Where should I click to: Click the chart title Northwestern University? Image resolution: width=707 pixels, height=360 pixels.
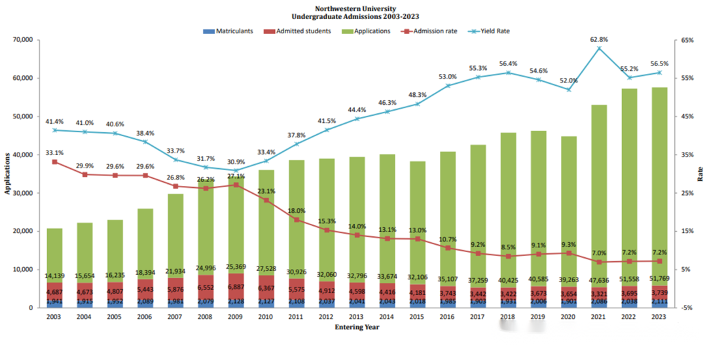(x=353, y=8)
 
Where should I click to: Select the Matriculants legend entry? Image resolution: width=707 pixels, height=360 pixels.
(x=229, y=31)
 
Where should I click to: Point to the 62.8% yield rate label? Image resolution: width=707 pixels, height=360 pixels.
(x=598, y=39)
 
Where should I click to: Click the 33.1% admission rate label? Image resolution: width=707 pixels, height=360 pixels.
(x=54, y=153)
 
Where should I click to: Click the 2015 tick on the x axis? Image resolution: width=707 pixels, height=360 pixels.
(x=418, y=317)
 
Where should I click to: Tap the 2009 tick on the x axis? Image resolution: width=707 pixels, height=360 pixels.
(x=236, y=317)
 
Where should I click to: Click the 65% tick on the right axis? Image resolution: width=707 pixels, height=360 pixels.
(x=686, y=40)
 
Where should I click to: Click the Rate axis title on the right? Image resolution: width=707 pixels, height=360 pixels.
(x=700, y=173)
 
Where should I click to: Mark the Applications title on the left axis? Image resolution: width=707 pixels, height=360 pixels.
(x=7, y=173)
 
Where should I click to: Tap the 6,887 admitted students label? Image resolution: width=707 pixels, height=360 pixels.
(x=236, y=287)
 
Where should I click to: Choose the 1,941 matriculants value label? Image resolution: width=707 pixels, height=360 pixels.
(x=54, y=302)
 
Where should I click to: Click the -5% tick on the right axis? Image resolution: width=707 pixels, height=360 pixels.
(x=686, y=308)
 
